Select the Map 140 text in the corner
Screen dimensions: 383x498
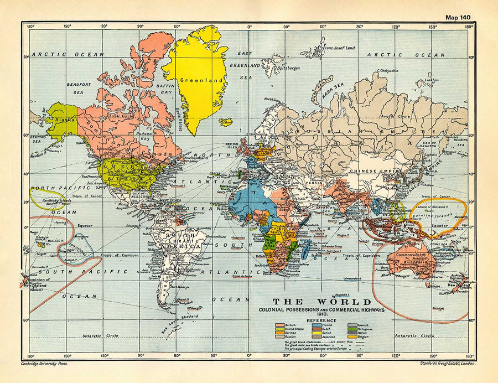458,17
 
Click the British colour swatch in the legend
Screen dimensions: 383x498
280,325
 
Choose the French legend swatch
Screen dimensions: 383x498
317,325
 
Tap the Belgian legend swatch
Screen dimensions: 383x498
352,337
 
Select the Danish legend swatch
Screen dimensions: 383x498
317,333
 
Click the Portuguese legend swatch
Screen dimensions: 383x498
352,329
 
